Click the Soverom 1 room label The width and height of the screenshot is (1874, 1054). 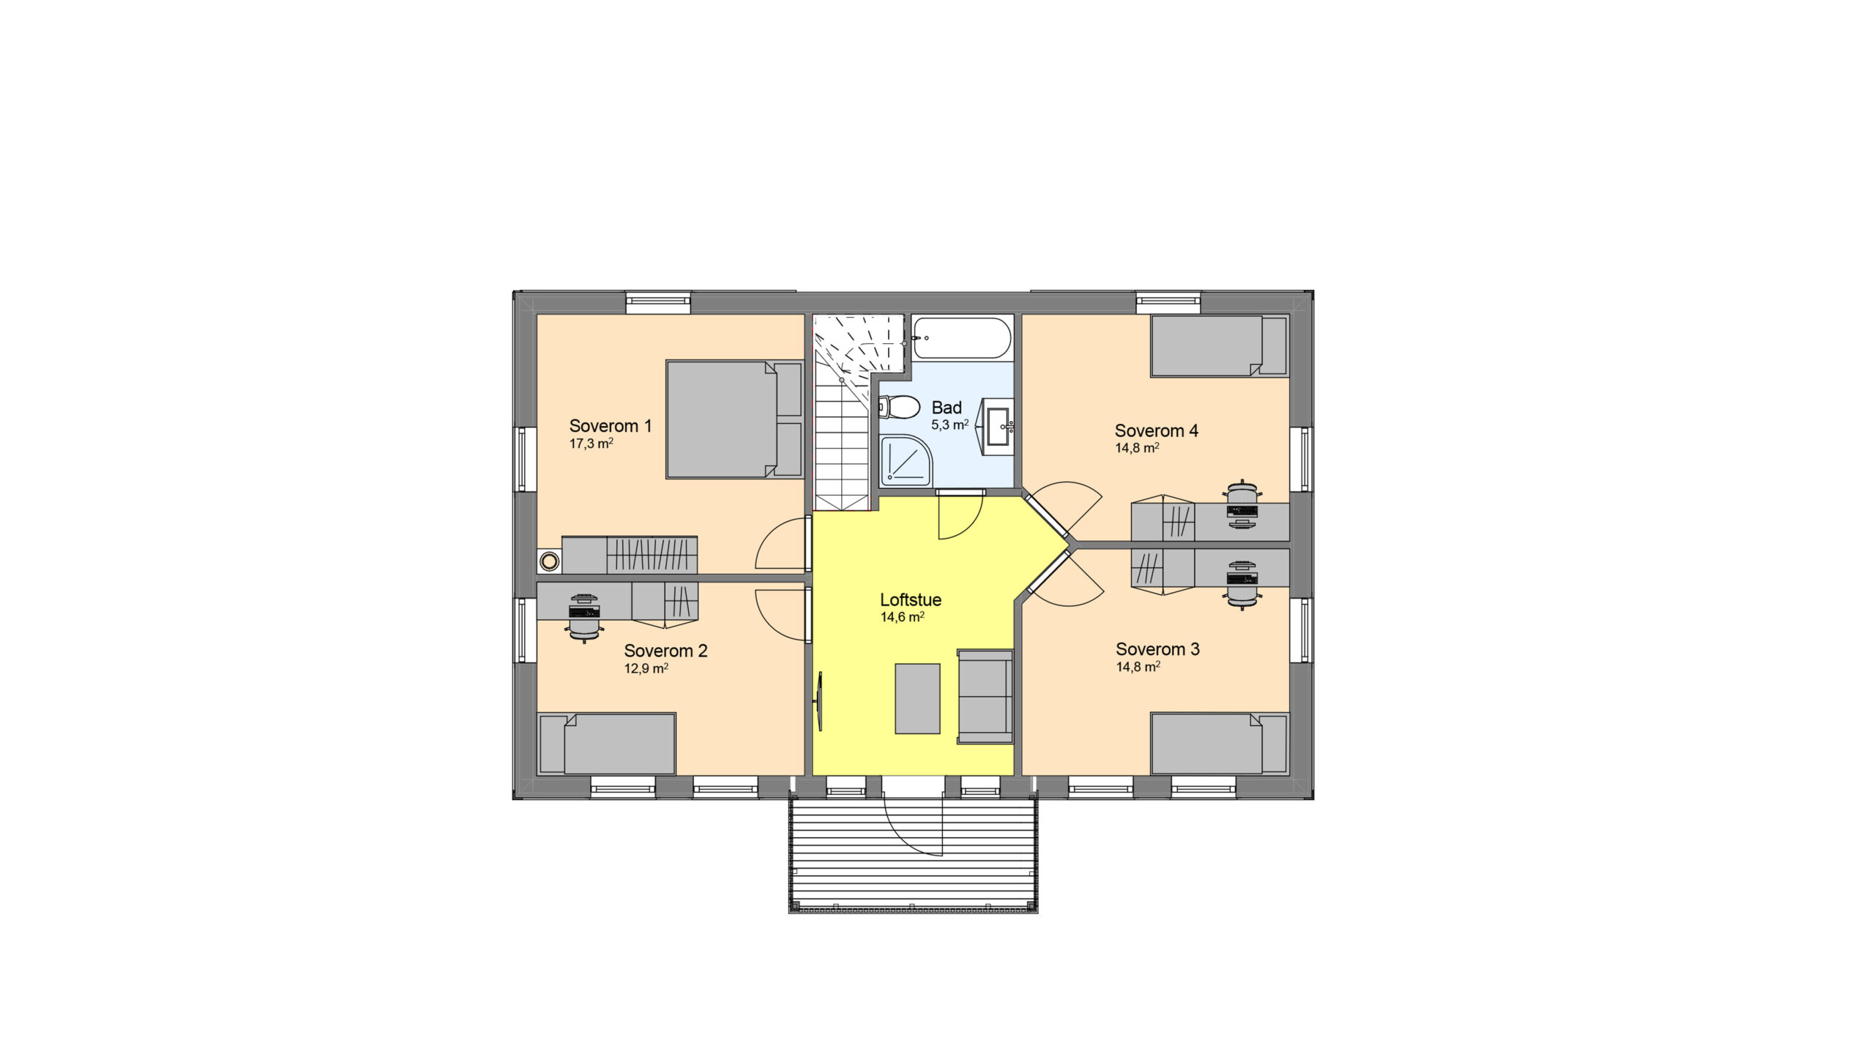(x=611, y=426)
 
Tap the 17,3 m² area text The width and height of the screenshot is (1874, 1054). (x=591, y=444)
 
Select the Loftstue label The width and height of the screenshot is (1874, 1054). (x=911, y=599)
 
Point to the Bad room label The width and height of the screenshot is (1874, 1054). (x=947, y=408)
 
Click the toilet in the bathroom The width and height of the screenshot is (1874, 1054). (x=900, y=407)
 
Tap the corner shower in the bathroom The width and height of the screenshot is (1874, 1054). (x=906, y=461)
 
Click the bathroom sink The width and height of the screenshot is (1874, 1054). (x=997, y=422)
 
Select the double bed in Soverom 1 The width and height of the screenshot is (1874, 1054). (x=734, y=419)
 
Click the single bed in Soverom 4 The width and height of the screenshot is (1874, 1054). (x=1220, y=346)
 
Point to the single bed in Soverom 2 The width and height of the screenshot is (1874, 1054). (x=606, y=744)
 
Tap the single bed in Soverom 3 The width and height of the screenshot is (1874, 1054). (x=1220, y=744)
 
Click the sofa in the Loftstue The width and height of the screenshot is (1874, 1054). (x=985, y=697)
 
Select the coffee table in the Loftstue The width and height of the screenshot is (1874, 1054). (x=917, y=698)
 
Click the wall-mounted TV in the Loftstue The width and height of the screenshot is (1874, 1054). (x=819, y=702)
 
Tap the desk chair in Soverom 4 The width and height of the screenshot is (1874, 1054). (x=1242, y=504)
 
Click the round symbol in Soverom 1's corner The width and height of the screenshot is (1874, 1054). (x=549, y=562)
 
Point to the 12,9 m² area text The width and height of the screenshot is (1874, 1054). (x=646, y=669)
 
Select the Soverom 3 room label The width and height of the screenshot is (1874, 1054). (x=1157, y=649)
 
